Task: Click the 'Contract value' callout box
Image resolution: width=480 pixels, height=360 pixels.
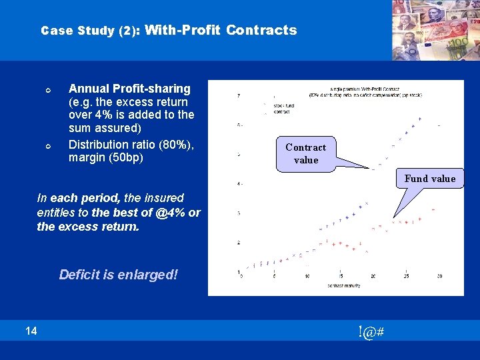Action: pyautogui.click(x=306, y=153)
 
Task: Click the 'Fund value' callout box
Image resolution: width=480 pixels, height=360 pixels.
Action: pyautogui.click(x=429, y=178)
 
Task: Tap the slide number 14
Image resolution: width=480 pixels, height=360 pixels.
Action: pyautogui.click(x=31, y=330)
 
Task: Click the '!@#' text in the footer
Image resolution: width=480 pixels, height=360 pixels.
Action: pyautogui.click(x=370, y=331)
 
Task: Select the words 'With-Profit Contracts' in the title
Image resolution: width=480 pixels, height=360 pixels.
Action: pyautogui.click(x=221, y=30)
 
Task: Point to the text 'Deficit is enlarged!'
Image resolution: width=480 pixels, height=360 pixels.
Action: pyautogui.click(x=119, y=275)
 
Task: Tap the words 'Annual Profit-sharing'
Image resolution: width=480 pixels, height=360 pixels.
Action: pyautogui.click(x=129, y=89)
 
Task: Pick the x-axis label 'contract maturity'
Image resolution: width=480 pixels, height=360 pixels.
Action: pyautogui.click(x=345, y=285)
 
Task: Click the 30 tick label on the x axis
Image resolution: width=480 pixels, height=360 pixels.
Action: pyautogui.click(x=439, y=277)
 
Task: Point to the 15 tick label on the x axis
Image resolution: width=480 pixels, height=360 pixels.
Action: pyautogui.click(x=341, y=277)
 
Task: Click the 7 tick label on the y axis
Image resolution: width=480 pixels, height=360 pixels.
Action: pyautogui.click(x=239, y=96)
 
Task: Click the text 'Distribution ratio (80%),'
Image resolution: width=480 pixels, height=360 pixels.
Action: pyautogui.click(x=131, y=145)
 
